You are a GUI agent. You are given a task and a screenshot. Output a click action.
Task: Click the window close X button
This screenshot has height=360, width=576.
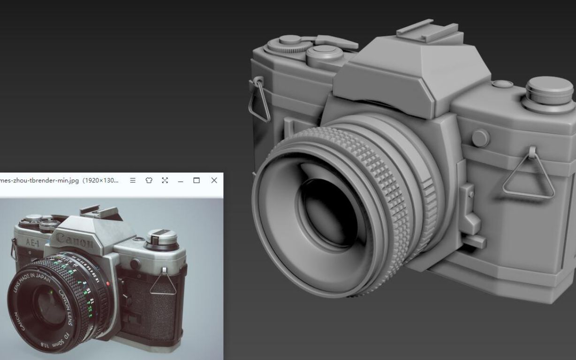click(214, 180)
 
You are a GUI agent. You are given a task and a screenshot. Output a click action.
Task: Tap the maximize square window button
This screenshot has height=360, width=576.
click(197, 180)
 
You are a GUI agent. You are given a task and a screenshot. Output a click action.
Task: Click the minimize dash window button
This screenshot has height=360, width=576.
click(181, 180)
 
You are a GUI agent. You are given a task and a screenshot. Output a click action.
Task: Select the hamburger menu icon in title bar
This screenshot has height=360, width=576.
click(133, 180)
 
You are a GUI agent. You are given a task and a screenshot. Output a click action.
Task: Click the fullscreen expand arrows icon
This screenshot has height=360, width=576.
click(165, 180)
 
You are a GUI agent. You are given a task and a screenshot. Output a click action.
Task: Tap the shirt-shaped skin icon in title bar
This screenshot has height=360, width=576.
click(149, 180)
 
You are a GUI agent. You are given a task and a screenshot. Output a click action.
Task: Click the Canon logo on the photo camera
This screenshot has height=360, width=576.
click(75, 241)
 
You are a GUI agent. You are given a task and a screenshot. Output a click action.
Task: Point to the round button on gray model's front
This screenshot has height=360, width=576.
click(480, 138)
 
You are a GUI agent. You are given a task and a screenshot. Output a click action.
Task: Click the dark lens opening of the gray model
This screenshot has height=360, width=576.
click(328, 211)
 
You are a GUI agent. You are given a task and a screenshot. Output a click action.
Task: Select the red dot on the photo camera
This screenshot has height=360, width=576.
click(108, 283)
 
